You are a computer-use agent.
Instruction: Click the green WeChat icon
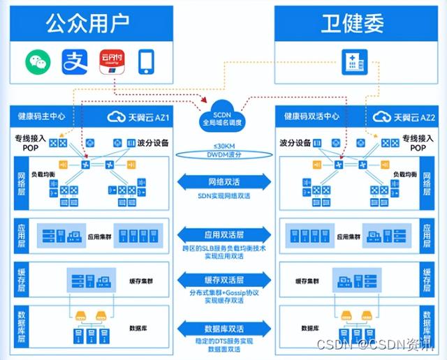click(39, 61)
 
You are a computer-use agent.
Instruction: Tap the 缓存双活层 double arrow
click(223, 279)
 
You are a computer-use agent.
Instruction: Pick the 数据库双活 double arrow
click(223, 327)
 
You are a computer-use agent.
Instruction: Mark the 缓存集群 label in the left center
click(142, 281)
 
